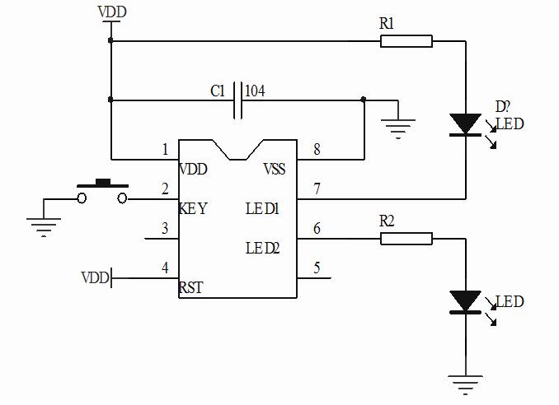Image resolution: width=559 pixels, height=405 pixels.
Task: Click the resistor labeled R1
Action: point(406,40)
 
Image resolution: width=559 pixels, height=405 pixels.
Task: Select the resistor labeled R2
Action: point(406,239)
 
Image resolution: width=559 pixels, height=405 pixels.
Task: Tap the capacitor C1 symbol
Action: point(237,100)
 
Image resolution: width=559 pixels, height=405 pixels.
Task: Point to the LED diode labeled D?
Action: point(466,124)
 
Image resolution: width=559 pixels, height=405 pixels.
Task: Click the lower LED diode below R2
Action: point(466,301)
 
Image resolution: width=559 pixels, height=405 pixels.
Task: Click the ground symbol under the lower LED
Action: point(466,383)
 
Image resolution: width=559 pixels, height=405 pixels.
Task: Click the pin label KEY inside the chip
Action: point(194,209)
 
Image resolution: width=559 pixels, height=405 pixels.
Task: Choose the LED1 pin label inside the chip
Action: point(264,209)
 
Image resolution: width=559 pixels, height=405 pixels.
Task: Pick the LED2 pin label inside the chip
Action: point(264,248)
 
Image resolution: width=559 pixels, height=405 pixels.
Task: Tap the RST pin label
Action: point(191,288)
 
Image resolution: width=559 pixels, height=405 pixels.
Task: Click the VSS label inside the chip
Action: point(275,170)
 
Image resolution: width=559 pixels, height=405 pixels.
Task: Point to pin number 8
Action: point(317,150)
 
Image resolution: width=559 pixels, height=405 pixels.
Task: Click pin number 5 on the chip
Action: point(317,268)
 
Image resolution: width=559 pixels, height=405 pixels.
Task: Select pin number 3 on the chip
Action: point(165,229)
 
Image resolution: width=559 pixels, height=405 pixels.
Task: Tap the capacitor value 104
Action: point(255,91)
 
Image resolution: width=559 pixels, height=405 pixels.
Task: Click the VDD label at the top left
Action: point(111,12)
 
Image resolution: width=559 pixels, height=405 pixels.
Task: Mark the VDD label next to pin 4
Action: point(95,278)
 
